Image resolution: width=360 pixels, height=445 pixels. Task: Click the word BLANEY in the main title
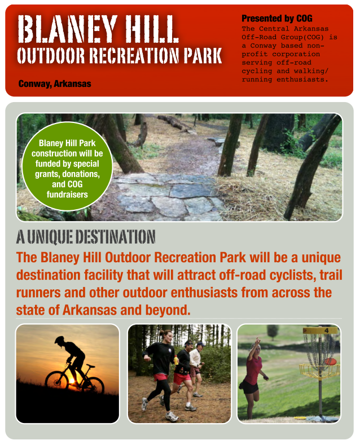pyautogui.click(x=67, y=29)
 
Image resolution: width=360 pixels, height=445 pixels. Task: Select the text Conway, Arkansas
pyautogui.click(x=55, y=83)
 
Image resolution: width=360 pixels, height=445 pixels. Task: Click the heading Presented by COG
pyautogui.click(x=277, y=19)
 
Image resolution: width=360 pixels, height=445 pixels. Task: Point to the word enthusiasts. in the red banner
pyautogui.click(x=302, y=80)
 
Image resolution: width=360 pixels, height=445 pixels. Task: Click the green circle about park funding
pyautogui.click(x=67, y=166)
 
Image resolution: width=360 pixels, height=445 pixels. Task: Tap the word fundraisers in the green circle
pyautogui.click(x=67, y=195)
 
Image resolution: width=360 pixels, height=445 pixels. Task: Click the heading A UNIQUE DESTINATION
pyautogui.click(x=86, y=237)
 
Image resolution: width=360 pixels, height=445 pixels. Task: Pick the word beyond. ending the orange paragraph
pyautogui.click(x=168, y=310)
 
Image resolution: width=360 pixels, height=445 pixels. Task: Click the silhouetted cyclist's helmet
pyautogui.click(x=60, y=340)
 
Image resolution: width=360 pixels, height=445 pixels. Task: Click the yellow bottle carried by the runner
pyautogui.click(x=176, y=360)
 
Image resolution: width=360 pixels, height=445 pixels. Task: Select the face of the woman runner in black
pyautogui.click(x=168, y=337)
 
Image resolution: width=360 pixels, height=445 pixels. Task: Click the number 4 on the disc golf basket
pyautogui.click(x=327, y=331)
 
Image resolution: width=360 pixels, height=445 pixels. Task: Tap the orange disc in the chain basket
pyautogui.click(x=330, y=362)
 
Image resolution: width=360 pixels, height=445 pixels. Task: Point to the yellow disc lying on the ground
pyautogui.click(x=300, y=418)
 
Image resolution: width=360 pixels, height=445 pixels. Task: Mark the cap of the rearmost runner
pyautogui.click(x=201, y=344)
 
